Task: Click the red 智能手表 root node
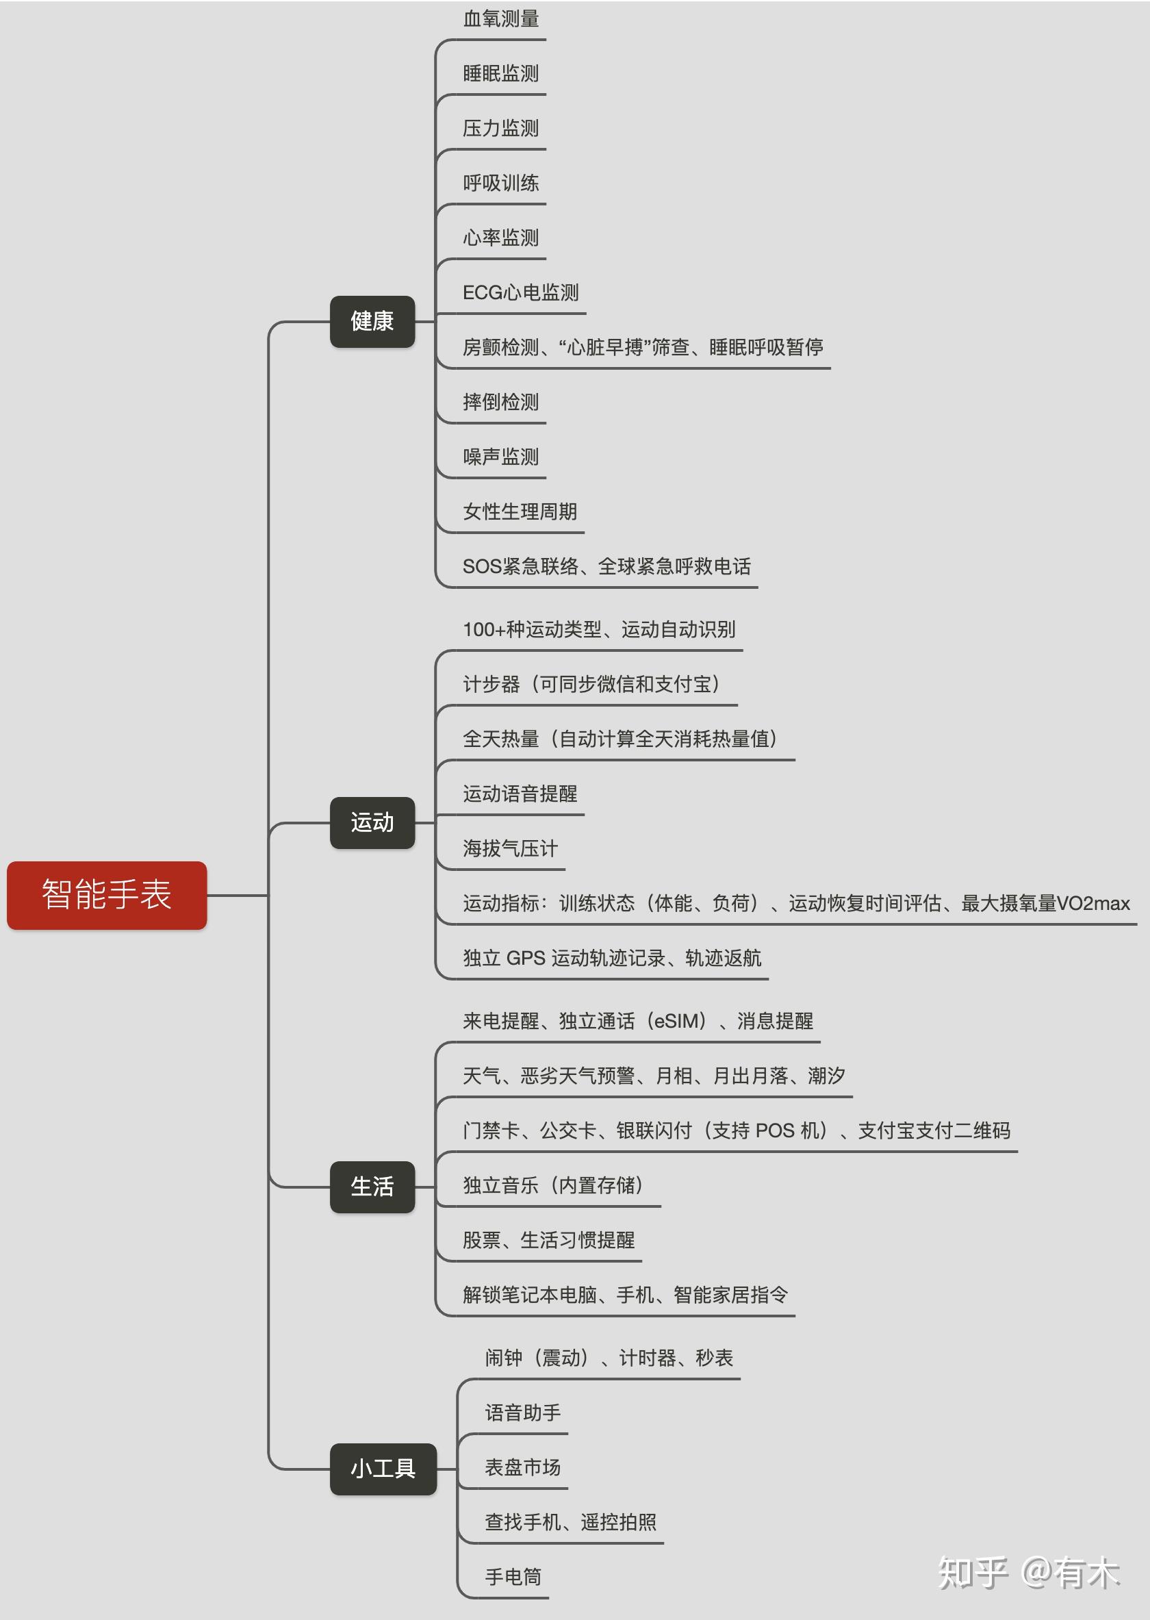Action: (107, 895)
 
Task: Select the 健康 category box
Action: (372, 321)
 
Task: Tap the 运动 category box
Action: (372, 822)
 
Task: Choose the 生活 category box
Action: (372, 1187)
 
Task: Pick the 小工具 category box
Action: (383, 1469)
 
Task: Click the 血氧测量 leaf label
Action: (500, 19)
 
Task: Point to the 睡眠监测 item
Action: (500, 74)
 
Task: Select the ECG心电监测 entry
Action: (520, 292)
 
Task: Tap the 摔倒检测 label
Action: (500, 403)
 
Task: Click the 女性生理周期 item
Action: (520, 511)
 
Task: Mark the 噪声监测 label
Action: (500, 457)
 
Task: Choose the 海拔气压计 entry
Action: (511, 848)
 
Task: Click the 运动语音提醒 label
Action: (520, 794)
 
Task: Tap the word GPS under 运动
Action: (526, 959)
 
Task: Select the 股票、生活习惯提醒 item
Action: (549, 1240)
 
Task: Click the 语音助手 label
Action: (522, 1413)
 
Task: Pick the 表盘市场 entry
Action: (522, 1468)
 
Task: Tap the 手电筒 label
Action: (513, 1577)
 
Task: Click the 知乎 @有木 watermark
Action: (1028, 1573)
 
